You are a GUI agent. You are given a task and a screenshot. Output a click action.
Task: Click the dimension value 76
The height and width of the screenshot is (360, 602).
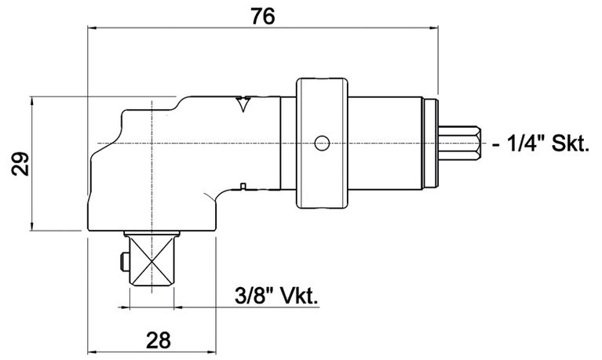tap(262, 15)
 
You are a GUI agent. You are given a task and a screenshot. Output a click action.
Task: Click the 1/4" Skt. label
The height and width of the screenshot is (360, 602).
tap(547, 144)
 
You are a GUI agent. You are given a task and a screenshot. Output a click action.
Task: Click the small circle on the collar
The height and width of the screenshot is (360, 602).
tap(320, 143)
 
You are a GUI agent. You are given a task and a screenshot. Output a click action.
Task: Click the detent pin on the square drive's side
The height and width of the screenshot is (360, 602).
tap(119, 262)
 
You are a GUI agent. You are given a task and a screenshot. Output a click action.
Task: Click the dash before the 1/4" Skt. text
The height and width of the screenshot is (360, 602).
tap(498, 145)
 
